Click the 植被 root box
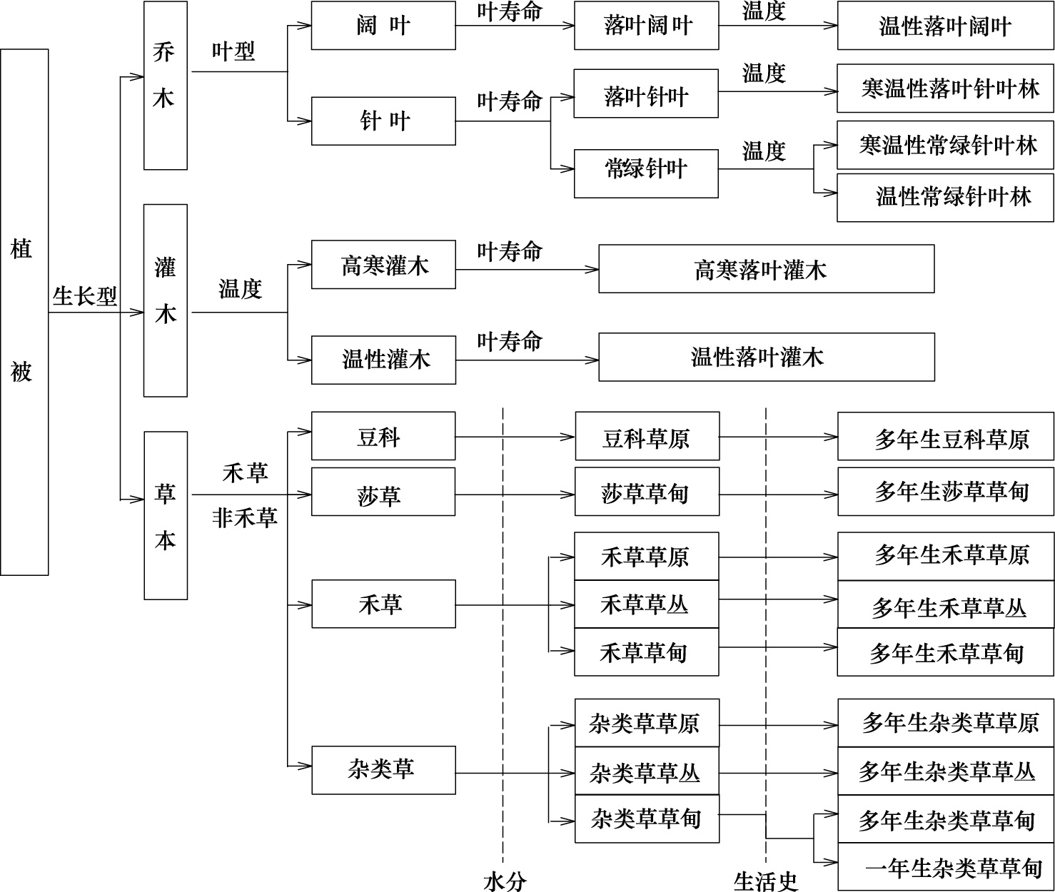[24, 312]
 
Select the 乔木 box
[166, 85]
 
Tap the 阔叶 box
[383, 26]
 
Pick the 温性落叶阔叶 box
[945, 26]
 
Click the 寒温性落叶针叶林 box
[945, 88]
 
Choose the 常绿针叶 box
[646, 173]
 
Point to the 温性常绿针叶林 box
[945, 198]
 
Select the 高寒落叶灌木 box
[767, 269]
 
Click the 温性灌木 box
[383, 360]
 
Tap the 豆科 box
[383, 436]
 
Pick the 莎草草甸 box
[647, 492]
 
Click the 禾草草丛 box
[647, 604]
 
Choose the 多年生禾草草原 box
[947, 556]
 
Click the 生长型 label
[85, 296]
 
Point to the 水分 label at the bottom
[505, 881]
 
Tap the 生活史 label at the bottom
[766, 881]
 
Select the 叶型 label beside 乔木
[233, 51]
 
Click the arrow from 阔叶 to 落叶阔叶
[515, 26]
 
